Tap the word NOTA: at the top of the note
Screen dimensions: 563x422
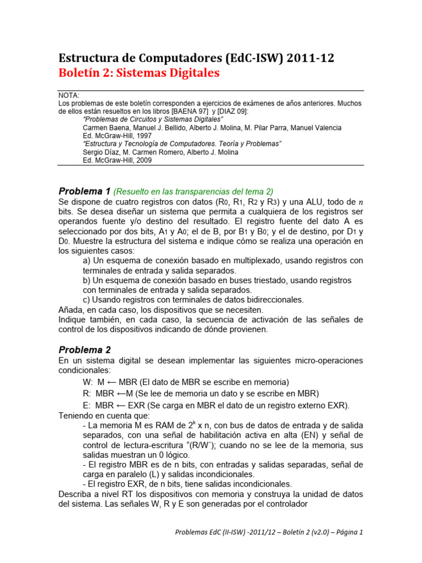(69, 95)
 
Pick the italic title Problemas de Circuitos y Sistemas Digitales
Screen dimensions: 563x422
(153, 119)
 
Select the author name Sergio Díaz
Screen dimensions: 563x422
(104, 152)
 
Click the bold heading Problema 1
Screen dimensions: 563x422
(85, 191)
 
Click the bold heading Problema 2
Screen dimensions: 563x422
(85, 350)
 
